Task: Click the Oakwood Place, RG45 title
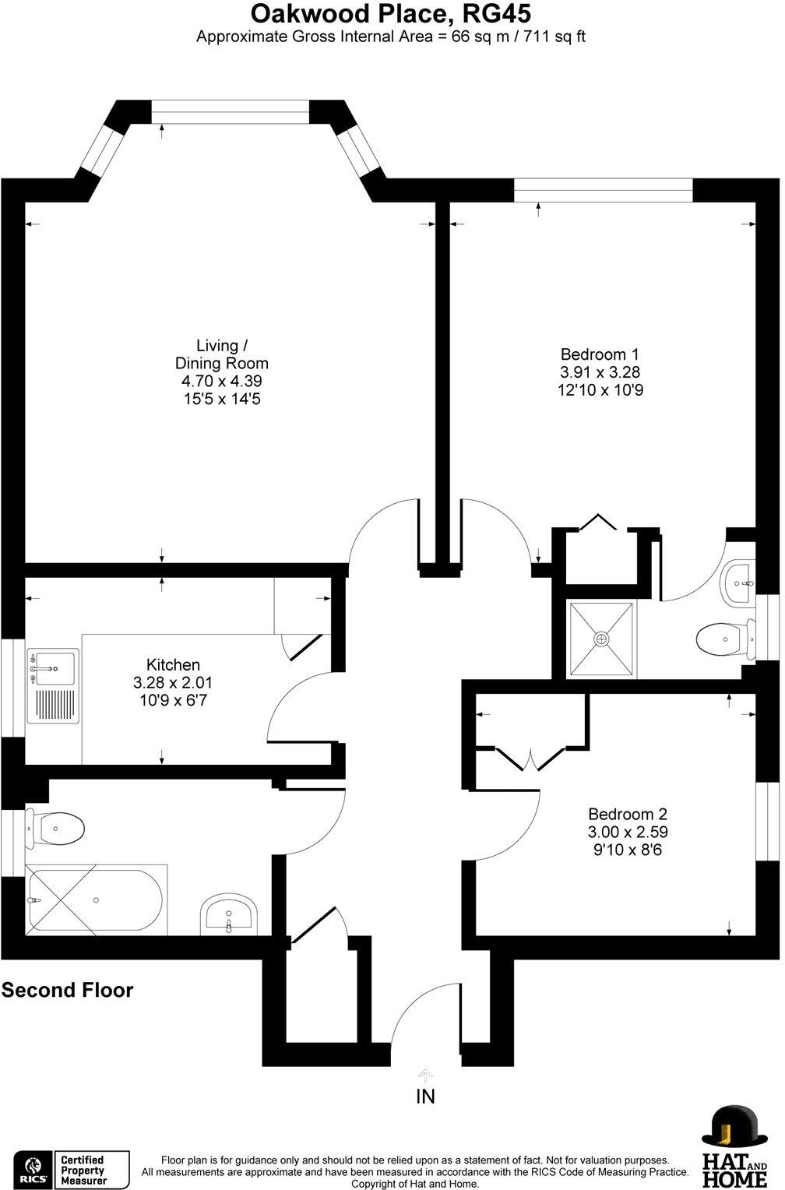click(391, 14)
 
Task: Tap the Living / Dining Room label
click(222, 354)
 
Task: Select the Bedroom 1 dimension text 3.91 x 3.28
click(600, 372)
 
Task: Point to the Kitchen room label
click(173, 664)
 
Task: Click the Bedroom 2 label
click(628, 813)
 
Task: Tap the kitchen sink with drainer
click(54, 686)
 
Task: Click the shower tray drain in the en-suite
click(601, 639)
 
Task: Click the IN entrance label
click(425, 1097)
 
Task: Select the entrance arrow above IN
click(425, 1076)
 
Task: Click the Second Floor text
click(67, 990)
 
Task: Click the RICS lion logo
click(35, 1167)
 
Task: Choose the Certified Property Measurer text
click(83, 1171)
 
